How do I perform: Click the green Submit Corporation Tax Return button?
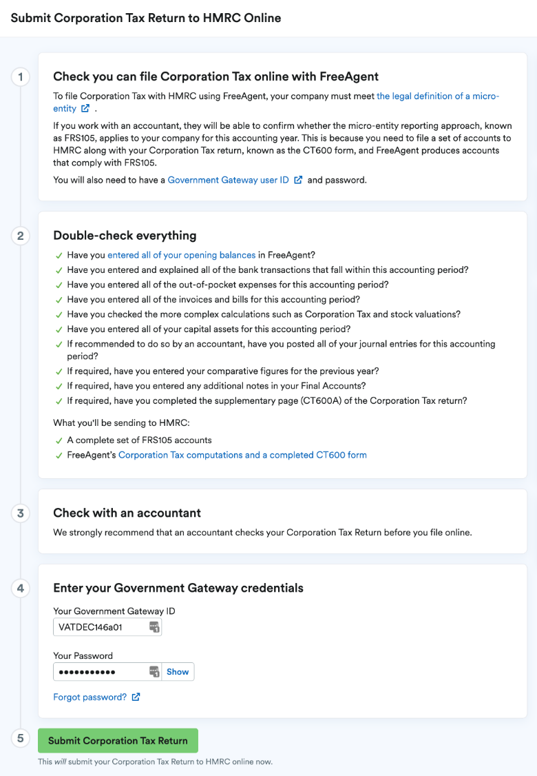(x=118, y=740)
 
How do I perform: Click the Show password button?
(x=178, y=672)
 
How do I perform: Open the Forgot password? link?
(x=90, y=697)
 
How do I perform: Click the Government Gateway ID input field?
(x=100, y=626)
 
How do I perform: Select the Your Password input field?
(x=100, y=672)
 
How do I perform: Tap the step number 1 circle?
(x=21, y=76)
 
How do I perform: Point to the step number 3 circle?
(x=21, y=513)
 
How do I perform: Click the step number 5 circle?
(x=21, y=739)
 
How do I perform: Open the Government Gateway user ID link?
(x=228, y=180)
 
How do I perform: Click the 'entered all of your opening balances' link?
(x=181, y=255)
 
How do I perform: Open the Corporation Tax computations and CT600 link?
(x=242, y=455)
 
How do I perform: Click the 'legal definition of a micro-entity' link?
(x=438, y=96)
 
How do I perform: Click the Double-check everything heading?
(x=125, y=236)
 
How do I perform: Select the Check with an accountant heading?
(x=127, y=513)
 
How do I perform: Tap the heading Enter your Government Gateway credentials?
(x=178, y=588)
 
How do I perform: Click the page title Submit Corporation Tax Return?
(x=146, y=18)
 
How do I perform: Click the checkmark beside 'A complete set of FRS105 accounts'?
(x=59, y=440)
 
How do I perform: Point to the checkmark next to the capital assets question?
(x=59, y=329)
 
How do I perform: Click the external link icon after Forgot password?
(x=136, y=697)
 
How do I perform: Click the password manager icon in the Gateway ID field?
(x=154, y=626)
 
